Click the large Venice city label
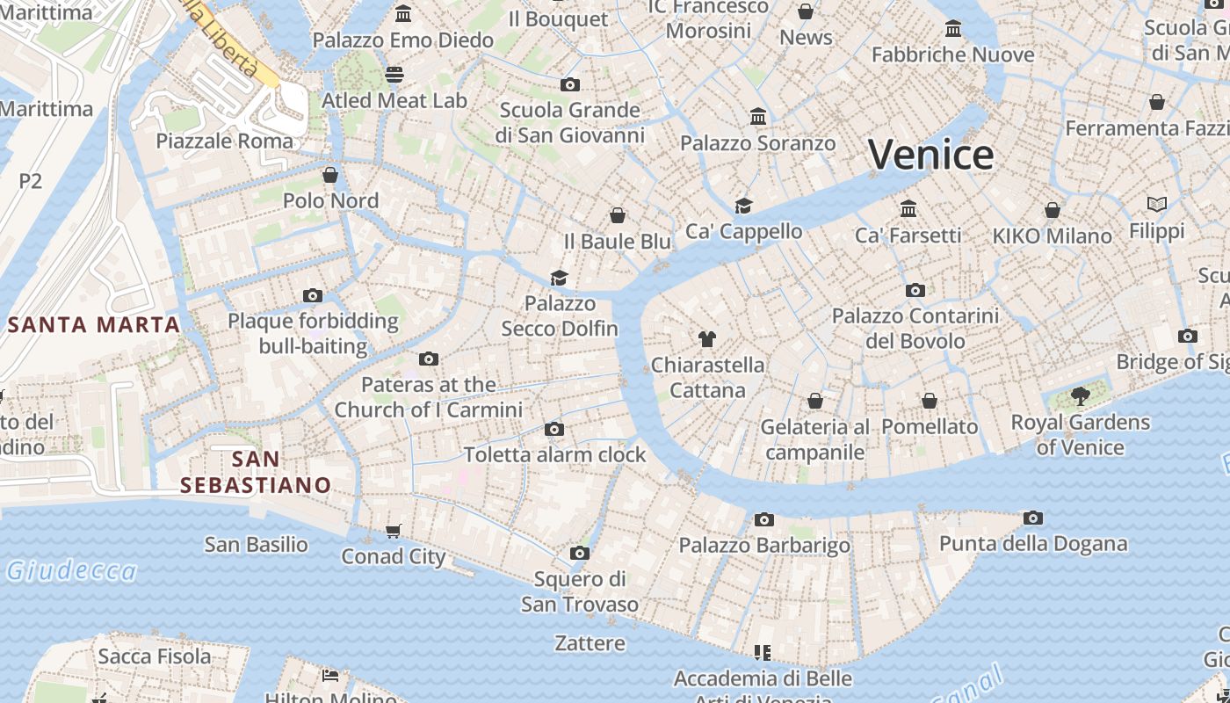[x=930, y=155]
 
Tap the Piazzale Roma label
[x=224, y=141]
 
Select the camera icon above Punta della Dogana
[x=1033, y=518]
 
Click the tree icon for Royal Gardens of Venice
[x=1081, y=396]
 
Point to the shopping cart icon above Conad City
[x=394, y=530]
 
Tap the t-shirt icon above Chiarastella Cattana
[x=707, y=338]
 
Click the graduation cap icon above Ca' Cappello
[x=743, y=206]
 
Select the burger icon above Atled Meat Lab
[x=394, y=74]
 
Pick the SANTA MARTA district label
[x=94, y=324]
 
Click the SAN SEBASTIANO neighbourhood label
[x=256, y=472]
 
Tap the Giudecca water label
[x=72, y=571]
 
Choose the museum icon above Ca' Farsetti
[x=908, y=208]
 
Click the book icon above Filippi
[x=1157, y=205]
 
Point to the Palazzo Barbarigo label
[x=764, y=546]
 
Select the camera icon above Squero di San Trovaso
[x=579, y=553]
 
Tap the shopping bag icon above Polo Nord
[x=330, y=175]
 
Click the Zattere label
[x=590, y=643]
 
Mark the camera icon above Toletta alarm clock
[x=554, y=429]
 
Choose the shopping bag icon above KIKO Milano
[x=1053, y=210]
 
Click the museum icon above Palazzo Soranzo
[x=758, y=116]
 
